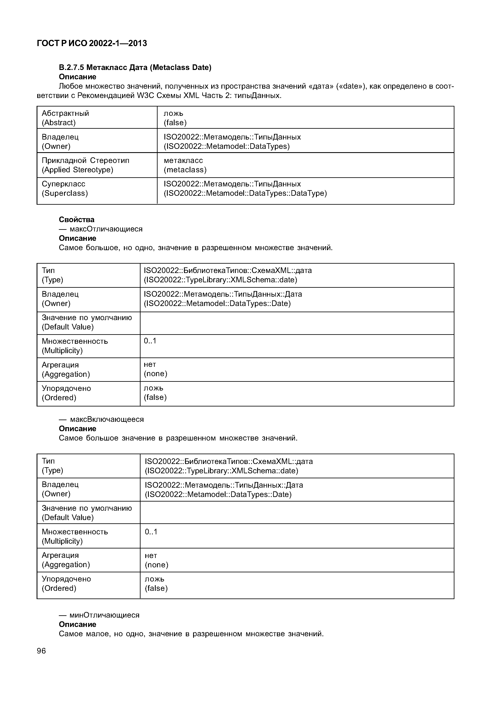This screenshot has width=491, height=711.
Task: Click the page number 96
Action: point(41,651)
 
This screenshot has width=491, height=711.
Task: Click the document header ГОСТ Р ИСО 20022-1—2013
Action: point(92,43)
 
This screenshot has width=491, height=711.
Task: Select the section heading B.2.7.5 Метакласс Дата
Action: point(135,67)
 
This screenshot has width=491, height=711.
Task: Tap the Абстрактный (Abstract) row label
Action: point(65,118)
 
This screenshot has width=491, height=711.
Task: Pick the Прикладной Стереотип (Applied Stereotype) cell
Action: point(85,165)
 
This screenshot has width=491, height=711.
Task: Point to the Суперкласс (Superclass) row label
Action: point(65,188)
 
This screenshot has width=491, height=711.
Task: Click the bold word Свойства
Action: point(77,219)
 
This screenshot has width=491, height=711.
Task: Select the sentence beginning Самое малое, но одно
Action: point(191,634)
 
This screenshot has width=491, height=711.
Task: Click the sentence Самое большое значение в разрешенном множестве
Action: point(178,438)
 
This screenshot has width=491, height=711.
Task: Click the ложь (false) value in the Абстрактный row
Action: point(175,118)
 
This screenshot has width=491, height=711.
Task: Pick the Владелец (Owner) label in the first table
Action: point(60,141)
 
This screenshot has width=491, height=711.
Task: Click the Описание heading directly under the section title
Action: point(78,77)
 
